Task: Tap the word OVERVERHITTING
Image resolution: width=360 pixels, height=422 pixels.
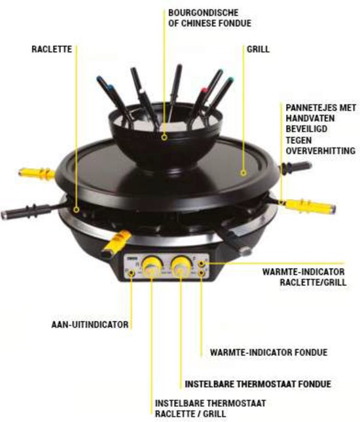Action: (x=320, y=151)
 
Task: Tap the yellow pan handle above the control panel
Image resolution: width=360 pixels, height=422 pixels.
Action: (x=115, y=241)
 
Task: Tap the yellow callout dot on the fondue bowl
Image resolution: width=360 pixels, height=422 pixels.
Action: (x=165, y=138)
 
